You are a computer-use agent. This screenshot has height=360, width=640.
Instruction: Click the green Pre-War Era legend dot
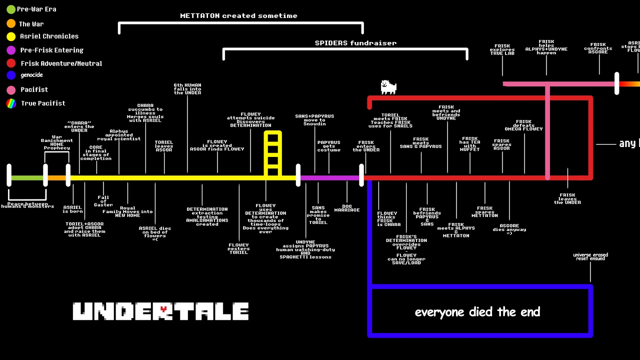11,9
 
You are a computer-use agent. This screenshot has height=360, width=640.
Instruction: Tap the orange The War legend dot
11,23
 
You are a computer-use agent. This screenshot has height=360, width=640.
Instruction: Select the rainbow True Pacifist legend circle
11,103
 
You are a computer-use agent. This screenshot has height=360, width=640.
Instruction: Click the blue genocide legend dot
11,75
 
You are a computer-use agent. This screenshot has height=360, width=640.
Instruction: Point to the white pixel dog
388,87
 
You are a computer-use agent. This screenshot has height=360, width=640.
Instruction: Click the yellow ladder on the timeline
273,154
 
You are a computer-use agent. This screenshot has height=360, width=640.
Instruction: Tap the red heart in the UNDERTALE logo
163,309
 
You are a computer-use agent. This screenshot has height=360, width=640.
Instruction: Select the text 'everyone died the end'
477,312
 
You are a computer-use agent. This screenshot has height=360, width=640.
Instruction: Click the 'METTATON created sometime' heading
238,15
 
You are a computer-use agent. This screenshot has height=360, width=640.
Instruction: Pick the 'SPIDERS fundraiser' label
355,43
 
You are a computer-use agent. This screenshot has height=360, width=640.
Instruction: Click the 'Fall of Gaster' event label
103,201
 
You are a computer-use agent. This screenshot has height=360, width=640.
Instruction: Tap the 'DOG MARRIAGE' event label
347,208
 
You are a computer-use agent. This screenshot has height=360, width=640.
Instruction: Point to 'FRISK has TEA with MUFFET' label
469,144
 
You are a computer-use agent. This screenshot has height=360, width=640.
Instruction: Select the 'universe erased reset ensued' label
590,256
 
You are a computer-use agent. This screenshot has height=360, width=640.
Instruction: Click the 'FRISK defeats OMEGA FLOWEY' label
523,125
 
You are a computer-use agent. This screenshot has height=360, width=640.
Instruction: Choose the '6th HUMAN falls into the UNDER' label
187,89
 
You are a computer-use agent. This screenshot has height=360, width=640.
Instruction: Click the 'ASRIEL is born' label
72,209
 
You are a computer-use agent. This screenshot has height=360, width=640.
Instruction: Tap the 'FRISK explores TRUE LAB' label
502,49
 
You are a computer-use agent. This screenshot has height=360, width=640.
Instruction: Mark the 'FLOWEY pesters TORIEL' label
238,248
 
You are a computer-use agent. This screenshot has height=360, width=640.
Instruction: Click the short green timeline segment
27,178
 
